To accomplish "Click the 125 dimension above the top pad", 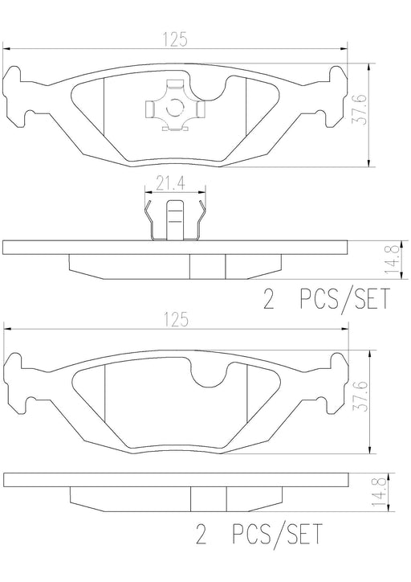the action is pos(175,39).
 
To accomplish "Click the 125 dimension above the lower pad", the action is pos(175,320).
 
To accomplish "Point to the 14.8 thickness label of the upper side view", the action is pos(392,260).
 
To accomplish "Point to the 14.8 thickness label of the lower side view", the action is pos(380,492).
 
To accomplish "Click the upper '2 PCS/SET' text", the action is pos(327,299).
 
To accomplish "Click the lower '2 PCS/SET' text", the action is pos(259,534).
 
